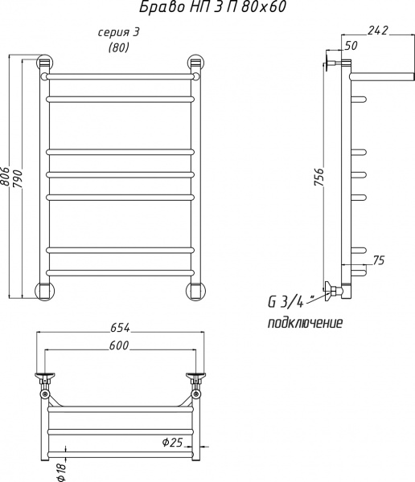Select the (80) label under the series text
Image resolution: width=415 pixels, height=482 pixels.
pos(118,48)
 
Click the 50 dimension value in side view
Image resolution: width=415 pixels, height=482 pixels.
pos(351,46)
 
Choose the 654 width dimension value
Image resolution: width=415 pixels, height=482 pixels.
pos(118,327)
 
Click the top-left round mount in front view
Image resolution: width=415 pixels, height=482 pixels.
pos(46,63)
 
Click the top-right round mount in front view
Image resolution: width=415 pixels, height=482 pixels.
pos(195,63)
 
